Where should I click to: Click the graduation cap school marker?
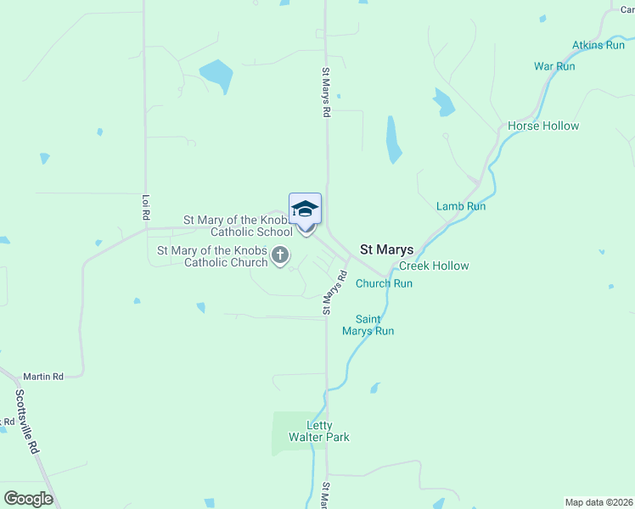pos(305,209)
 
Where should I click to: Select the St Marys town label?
pos(387,249)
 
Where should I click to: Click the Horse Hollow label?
pos(543,126)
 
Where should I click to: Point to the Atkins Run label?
pos(598,45)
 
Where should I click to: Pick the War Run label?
pos(554,66)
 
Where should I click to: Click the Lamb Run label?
pos(461,206)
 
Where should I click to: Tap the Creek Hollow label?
pos(434,266)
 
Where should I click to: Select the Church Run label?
pos(384,283)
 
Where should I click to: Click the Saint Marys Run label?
pos(368,325)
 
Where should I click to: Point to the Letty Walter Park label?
pos(319,431)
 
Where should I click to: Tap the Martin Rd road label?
pos(43,376)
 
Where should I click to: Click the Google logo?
pos(29,498)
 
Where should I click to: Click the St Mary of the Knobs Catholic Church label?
pos(214,256)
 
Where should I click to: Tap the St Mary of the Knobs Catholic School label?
pos(239,226)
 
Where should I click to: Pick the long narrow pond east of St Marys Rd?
pos(393,139)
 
